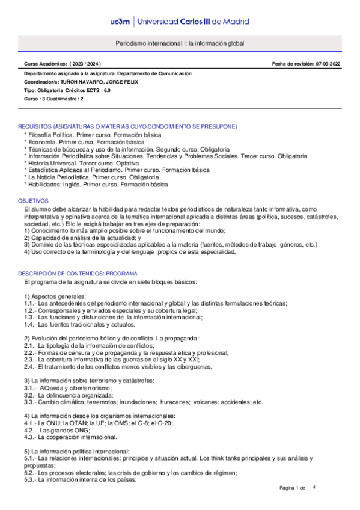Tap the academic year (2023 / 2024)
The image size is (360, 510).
(85, 63)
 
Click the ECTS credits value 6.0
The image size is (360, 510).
(106, 90)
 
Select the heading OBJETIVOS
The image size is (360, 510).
(34, 200)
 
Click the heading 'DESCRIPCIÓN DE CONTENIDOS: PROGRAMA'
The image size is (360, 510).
(78, 256)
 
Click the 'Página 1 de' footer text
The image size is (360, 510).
(293, 487)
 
